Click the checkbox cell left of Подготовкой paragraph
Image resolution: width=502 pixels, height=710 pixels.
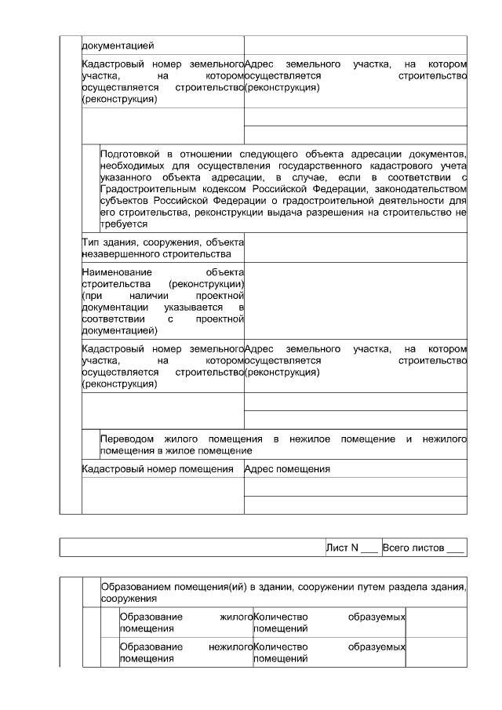[91, 188]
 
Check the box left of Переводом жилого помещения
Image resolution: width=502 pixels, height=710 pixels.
[91, 445]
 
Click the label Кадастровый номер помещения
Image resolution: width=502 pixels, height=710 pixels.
[158, 469]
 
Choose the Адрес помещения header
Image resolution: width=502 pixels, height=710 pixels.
[287, 469]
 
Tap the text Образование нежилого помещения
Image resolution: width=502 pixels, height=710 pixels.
[184, 653]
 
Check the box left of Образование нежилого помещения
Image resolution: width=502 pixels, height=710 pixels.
[109, 653]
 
